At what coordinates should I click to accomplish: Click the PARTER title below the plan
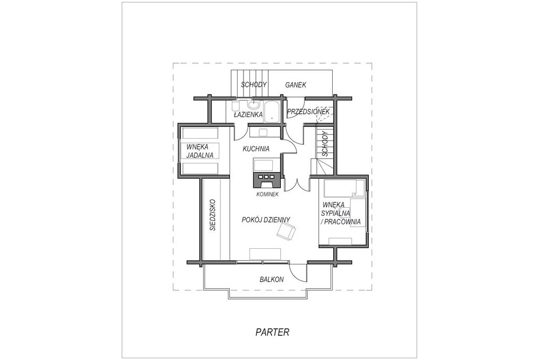click(x=272, y=332)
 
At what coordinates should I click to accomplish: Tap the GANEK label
click(x=295, y=85)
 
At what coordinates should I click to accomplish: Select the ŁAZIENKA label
click(x=248, y=114)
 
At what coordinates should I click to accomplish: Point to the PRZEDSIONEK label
click(x=308, y=112)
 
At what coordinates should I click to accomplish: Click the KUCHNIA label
click(x=256, y=149)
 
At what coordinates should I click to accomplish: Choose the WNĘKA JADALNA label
click(x=200, y=151)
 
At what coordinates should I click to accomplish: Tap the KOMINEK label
click(x=267, y=194)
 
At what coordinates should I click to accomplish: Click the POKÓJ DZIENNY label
click(x=266, y=220)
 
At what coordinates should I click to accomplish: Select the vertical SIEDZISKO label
click(x=213, y=214)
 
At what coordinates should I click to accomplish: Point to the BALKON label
click(x=272, y=280)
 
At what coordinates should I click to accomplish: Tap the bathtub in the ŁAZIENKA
click(x=272, y=112)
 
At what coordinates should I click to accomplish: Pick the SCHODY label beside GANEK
click(x=254, y=85)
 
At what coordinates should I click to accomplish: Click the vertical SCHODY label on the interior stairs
click(x=325, y=145)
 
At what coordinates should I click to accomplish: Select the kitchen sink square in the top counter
click(x=264, y=133)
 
